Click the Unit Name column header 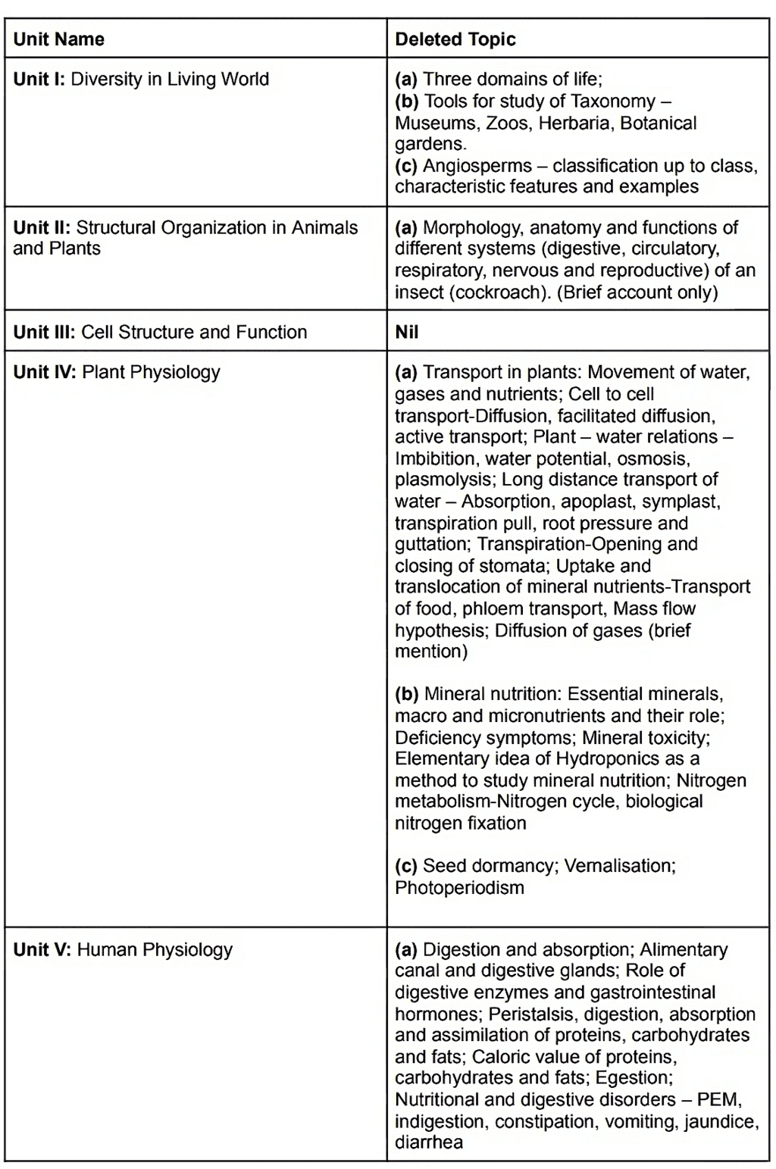[59, 39]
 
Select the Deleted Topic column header [455, 39]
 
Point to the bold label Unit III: [44, 332]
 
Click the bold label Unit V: [42, 949]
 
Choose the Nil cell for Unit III [407, 332]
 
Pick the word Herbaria [574, 123]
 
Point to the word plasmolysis [443, 480]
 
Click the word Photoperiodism [459, 887]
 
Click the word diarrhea [428, 1142]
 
